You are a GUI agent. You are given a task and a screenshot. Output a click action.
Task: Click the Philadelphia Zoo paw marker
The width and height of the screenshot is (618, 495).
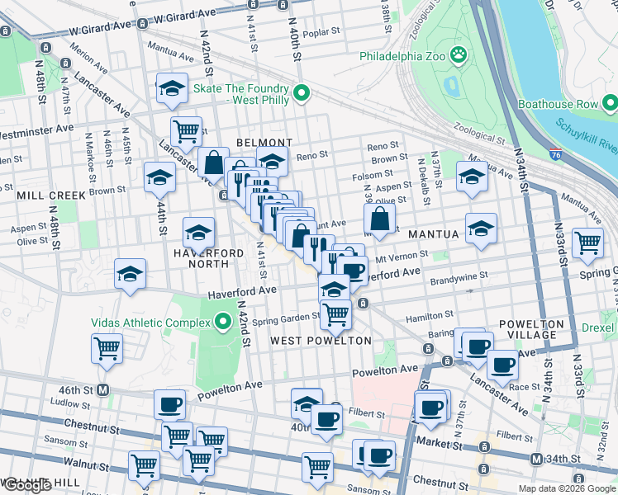tap(458, 56)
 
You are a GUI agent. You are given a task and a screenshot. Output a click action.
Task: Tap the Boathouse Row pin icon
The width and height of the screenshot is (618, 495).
tap(610, 104)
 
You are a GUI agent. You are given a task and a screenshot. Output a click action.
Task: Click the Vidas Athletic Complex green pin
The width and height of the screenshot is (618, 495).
tap(222, 321)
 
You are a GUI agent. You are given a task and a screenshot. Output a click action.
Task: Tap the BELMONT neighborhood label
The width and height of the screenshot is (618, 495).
tap(264, 143)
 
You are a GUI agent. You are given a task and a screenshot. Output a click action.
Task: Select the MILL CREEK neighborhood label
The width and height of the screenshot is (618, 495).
tap(50, 196)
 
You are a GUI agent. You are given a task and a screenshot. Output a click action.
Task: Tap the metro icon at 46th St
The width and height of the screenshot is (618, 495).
tap(103, 389)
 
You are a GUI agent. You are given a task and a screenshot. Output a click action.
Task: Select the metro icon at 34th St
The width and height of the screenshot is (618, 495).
tap(536, 459)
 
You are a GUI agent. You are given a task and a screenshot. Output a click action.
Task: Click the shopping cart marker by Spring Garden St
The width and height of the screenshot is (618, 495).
tap(335, 313)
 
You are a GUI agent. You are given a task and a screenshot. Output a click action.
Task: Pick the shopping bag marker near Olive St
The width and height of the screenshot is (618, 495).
tap(379, 219)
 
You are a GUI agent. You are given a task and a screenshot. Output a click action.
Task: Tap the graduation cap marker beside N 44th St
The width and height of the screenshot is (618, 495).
tap(159, 177)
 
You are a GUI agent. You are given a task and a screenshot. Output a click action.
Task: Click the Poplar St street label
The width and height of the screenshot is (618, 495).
tap(321, 33)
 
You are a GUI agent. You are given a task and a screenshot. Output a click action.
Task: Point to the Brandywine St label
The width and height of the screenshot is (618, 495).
tap(459, 276)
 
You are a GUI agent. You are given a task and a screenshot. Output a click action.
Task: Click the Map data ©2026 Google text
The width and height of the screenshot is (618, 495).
tap(566, 488)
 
